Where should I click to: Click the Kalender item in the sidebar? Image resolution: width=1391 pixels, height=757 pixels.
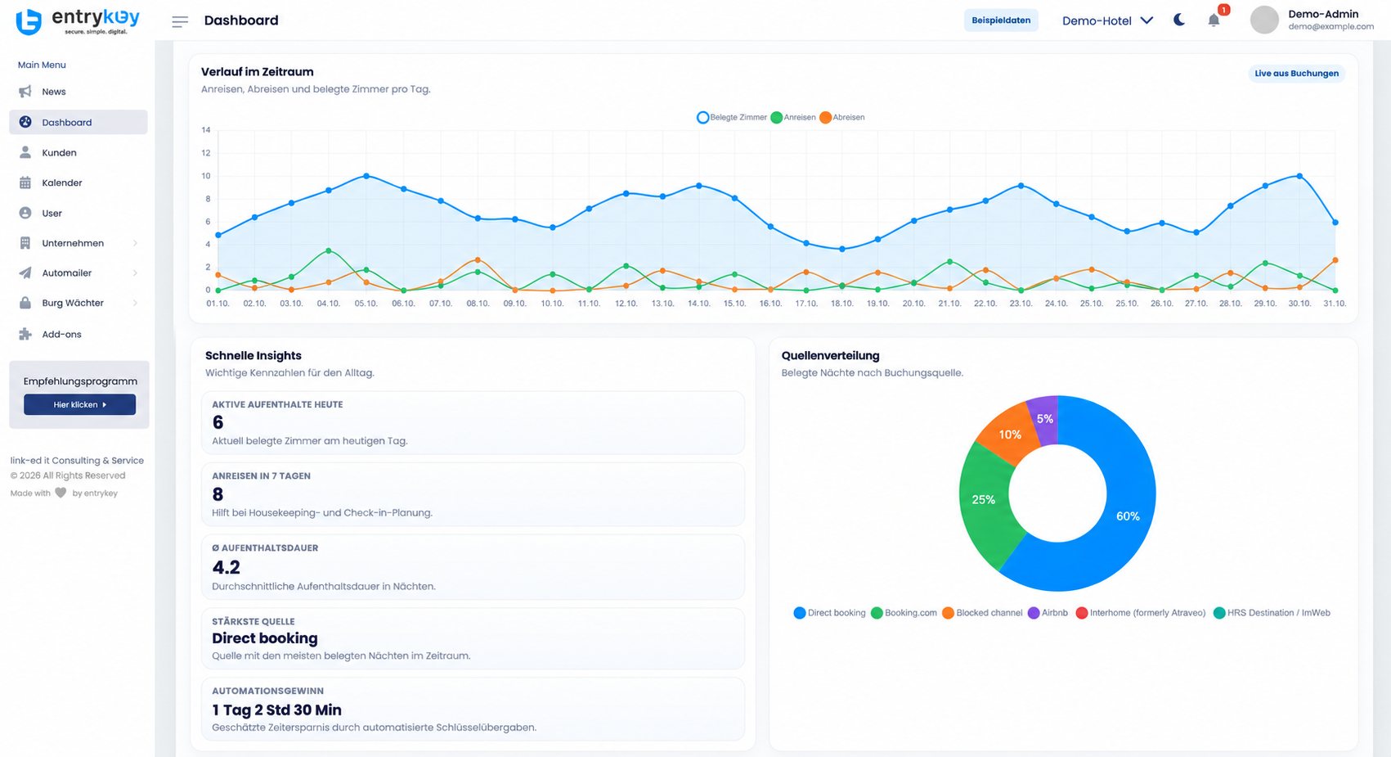click(61, 182)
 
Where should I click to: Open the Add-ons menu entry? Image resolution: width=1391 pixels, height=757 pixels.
click(61, 335)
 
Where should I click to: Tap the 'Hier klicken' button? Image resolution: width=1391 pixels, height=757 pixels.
click(79, 404)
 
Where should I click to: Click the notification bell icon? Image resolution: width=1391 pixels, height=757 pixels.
click(1214, 20)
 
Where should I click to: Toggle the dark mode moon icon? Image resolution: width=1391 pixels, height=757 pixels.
click(1178, 20)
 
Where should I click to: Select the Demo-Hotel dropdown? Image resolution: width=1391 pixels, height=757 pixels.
click(1107, 20)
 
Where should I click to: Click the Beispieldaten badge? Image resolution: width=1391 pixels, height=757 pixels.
click(1000, 20)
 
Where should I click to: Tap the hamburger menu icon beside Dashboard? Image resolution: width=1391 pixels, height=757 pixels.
click(180, 22)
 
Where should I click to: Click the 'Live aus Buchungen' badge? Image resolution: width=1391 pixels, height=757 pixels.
click(1297, 74)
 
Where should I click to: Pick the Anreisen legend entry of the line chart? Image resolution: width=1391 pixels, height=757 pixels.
click(793, 118)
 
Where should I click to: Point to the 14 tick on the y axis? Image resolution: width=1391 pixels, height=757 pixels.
click(206, 130)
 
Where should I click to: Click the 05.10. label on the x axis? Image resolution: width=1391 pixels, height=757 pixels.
click(366, 304)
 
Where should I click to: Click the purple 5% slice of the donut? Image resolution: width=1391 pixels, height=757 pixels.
click(1044, 420)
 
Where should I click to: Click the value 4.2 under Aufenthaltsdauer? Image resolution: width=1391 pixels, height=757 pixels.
click(226, 567)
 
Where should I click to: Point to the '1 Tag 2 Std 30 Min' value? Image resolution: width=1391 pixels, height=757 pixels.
click(276, 710)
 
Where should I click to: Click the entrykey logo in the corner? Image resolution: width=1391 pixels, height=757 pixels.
click(78, 21)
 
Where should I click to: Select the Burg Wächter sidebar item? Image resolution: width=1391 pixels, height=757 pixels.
click(73, 304)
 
